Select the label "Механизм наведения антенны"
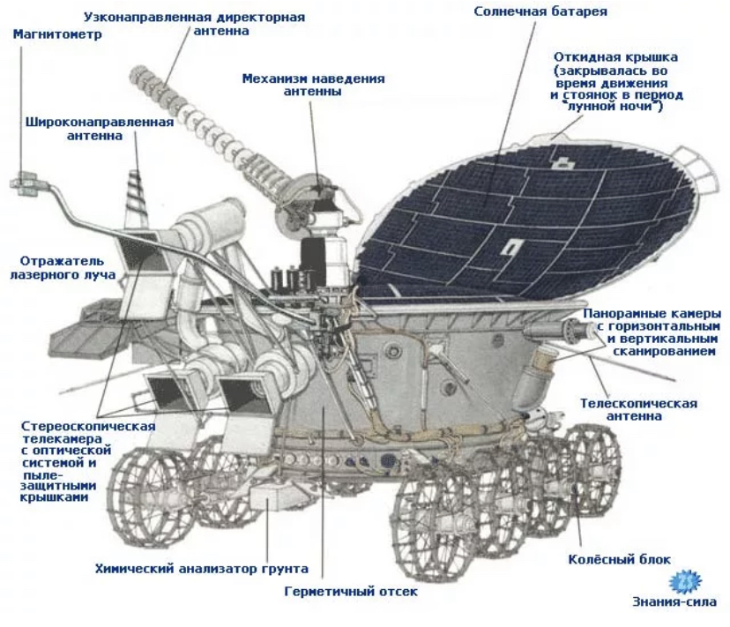[313, 85]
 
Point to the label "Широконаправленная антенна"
[99, 129]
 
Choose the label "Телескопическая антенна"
[638, 410]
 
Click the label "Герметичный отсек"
[351, 592]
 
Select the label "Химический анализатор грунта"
[201, 569]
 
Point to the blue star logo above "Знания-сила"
[685, 581]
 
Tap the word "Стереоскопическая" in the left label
[87, 427]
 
